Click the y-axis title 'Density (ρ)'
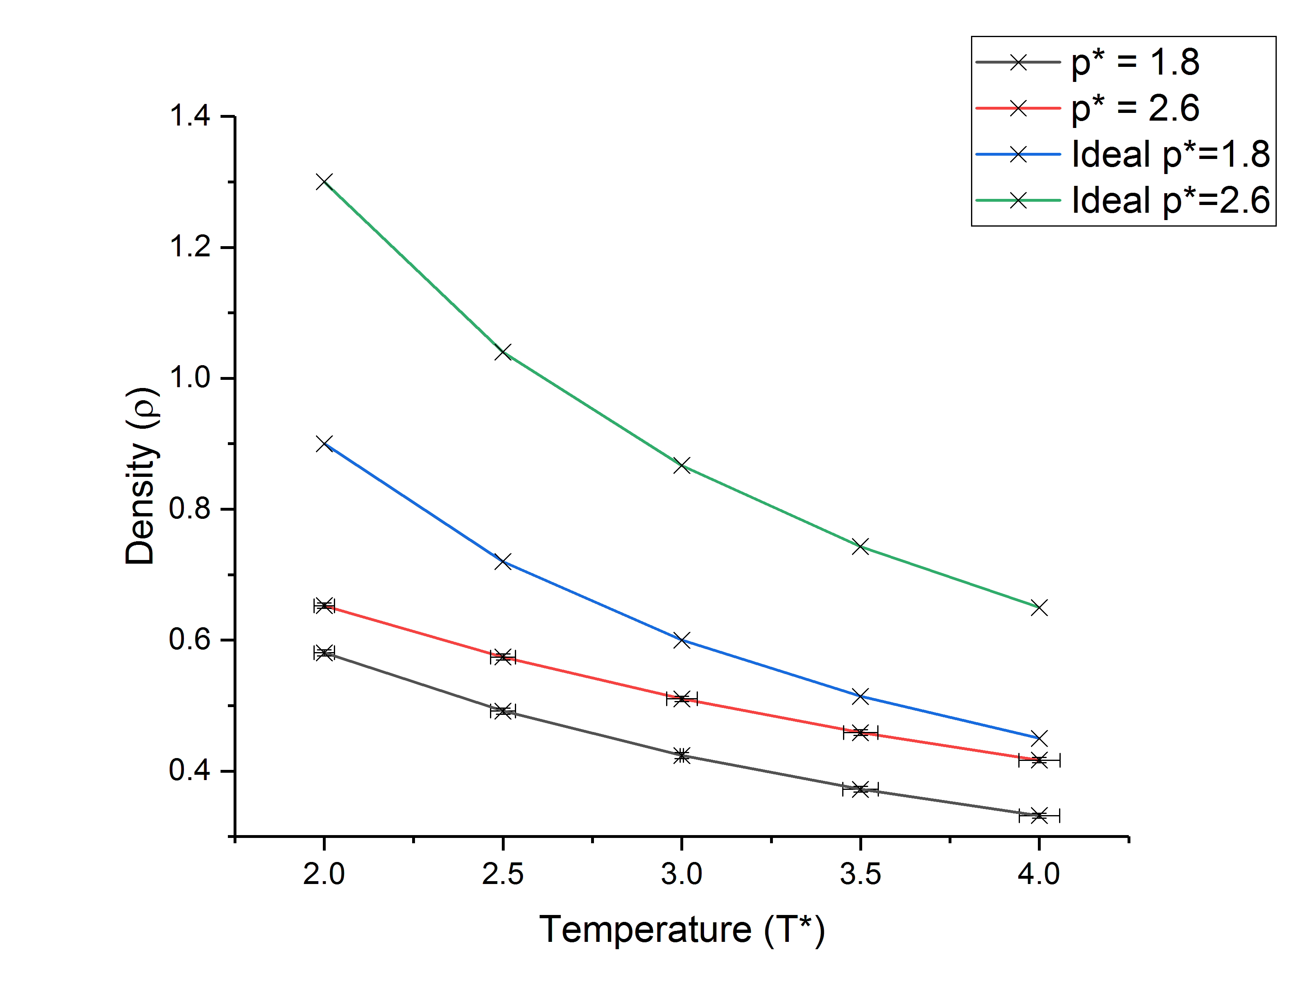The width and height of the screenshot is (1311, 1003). [141, 476]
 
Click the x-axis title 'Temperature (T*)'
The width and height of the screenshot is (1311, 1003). [682, 930]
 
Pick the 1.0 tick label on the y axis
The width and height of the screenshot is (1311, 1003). [190, 378]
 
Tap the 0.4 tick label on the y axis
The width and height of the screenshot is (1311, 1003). [190, 771]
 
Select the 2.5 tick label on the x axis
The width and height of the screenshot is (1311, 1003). [503, 875]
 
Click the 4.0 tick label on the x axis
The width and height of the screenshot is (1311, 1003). [1039, 875]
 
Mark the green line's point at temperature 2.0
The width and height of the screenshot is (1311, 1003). [324, 181]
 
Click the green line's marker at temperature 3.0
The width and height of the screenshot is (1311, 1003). [682, 466]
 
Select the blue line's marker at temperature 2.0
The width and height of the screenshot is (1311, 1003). [324, 443]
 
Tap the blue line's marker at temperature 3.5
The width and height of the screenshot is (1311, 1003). [860, 696]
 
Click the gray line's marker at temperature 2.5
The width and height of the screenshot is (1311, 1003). [503, 711]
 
